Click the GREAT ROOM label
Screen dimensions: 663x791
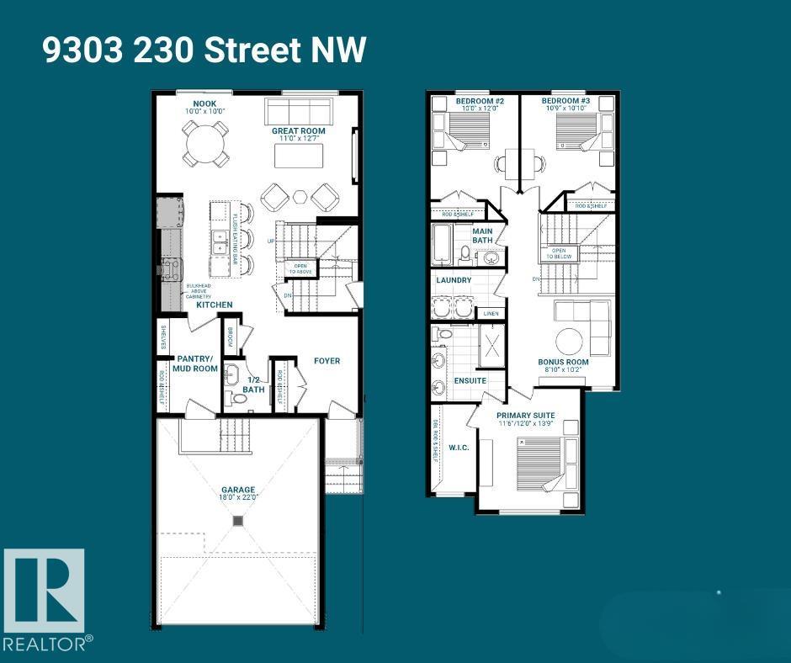(x=298, y=131)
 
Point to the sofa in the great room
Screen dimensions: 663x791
(x=298, y=112)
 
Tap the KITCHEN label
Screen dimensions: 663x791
(x=215, y=305)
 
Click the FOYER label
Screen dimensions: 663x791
(x=327, y=361)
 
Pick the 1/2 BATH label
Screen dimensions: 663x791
(x=253, y=384)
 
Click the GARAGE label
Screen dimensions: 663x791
(x=238, y=490)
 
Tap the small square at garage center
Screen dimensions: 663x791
(x=238, y=522)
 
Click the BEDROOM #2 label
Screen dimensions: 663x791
(x=479, y=101)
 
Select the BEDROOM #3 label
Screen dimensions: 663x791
(x=566, y=101)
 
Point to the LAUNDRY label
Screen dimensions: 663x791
(x=454, y=280)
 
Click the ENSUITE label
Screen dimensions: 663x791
(x=470, y=380)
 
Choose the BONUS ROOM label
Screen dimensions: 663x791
(x=563, y=362)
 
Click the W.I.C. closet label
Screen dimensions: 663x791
(x=458, y=448)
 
